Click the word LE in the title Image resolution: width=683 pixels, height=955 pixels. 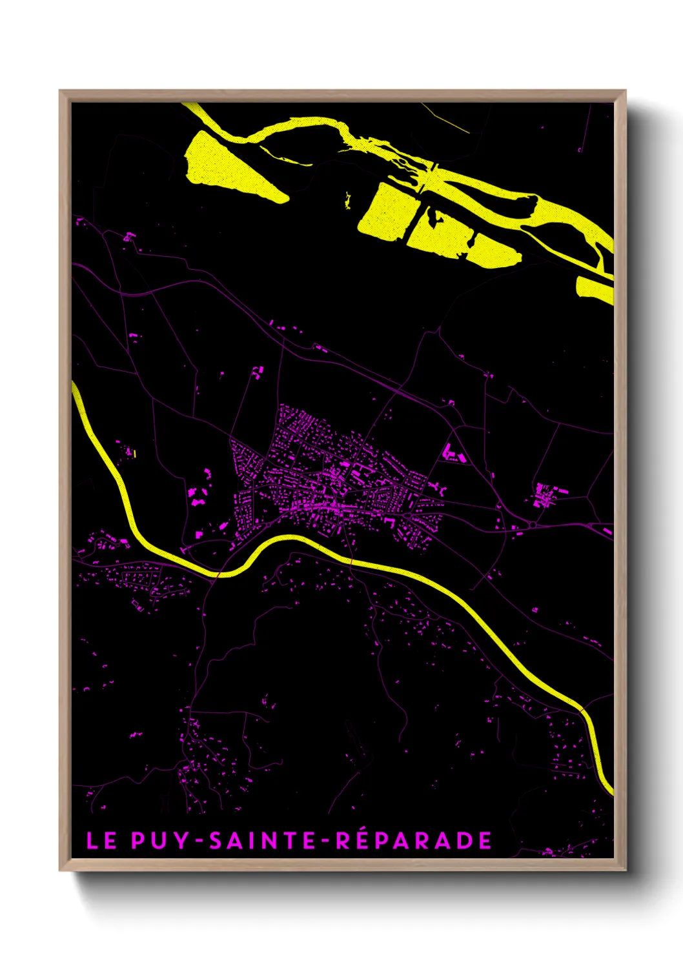pos(101,841)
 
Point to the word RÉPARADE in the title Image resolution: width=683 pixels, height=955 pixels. pos(414,841)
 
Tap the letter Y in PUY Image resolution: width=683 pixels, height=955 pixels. pos(182,841)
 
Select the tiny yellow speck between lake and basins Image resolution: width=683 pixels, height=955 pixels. pos(348,200)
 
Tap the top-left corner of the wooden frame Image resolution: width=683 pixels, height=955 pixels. pos(60,91)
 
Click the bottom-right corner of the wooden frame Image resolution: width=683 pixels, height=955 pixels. pos(625,870)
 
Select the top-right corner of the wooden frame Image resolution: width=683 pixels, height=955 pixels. pos(625,91)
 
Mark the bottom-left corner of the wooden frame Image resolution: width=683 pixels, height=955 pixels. pos(60,870)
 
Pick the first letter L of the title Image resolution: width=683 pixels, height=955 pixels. pos(92,841)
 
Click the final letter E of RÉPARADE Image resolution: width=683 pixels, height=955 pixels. pos(485,841)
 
